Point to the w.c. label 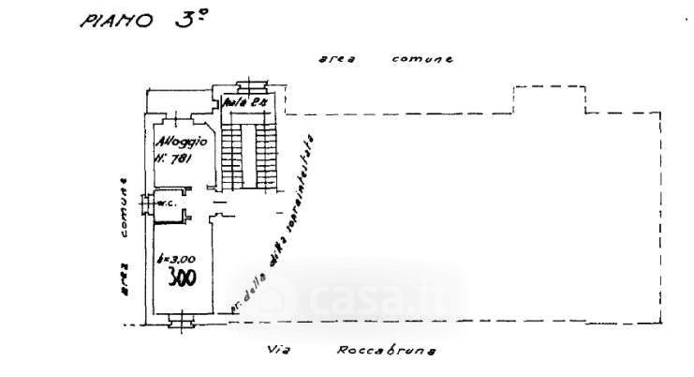(x=168, y=203)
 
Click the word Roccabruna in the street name (x=377, y=354)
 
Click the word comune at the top (x=422, y=58)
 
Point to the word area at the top (x=332, y=58)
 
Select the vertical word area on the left (x=123, y=279)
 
